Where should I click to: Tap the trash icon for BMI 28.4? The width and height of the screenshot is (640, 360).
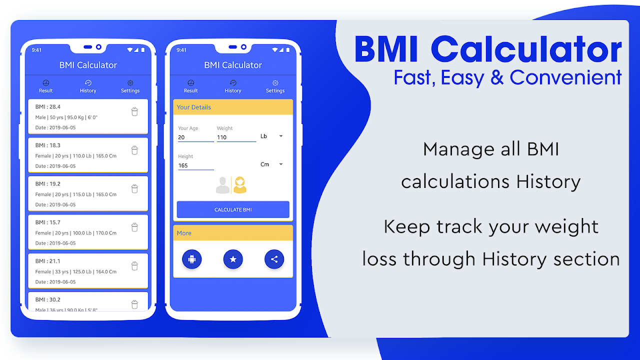134,111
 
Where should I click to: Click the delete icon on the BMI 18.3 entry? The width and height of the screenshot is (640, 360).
134,150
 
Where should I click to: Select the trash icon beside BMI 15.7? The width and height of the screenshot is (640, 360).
134,227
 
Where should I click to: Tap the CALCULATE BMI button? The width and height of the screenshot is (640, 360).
233,209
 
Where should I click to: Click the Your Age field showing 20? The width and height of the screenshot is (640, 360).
195,137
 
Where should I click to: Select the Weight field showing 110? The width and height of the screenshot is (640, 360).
236,137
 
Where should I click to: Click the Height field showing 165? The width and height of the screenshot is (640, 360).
195,165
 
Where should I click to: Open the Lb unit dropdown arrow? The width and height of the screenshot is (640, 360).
281,136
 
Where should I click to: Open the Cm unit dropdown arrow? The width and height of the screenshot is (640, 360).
281,164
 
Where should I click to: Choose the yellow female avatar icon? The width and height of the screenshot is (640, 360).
239,185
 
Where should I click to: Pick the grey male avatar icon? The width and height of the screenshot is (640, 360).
222,185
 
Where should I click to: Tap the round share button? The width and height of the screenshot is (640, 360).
274,259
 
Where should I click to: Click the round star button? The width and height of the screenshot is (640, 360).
233,259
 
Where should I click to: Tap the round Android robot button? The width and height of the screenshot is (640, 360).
191,259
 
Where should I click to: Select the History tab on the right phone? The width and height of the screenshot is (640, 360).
233,86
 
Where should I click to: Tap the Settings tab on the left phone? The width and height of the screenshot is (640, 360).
130,86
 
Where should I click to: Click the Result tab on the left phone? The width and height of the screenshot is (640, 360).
45,86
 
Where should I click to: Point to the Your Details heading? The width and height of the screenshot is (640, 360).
193,107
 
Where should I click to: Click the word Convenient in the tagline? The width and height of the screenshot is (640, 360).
565,77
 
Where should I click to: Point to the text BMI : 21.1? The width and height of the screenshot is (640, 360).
47,261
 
